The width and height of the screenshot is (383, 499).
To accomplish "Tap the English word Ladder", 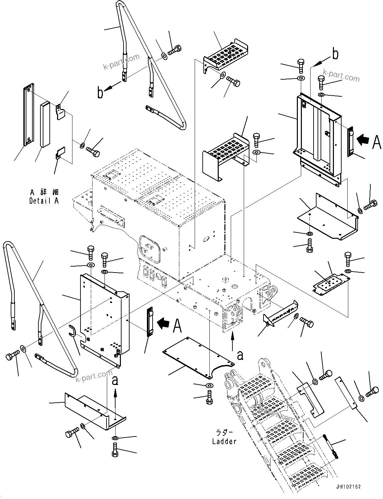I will pos(224,441).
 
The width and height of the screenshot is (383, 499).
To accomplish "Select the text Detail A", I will pos(44,201).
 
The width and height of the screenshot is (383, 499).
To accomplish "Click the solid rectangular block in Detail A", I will pos(45,125).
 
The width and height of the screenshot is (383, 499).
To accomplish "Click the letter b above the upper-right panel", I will pos(335,54).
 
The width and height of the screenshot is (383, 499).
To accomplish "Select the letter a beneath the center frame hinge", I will pos(240,355).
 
